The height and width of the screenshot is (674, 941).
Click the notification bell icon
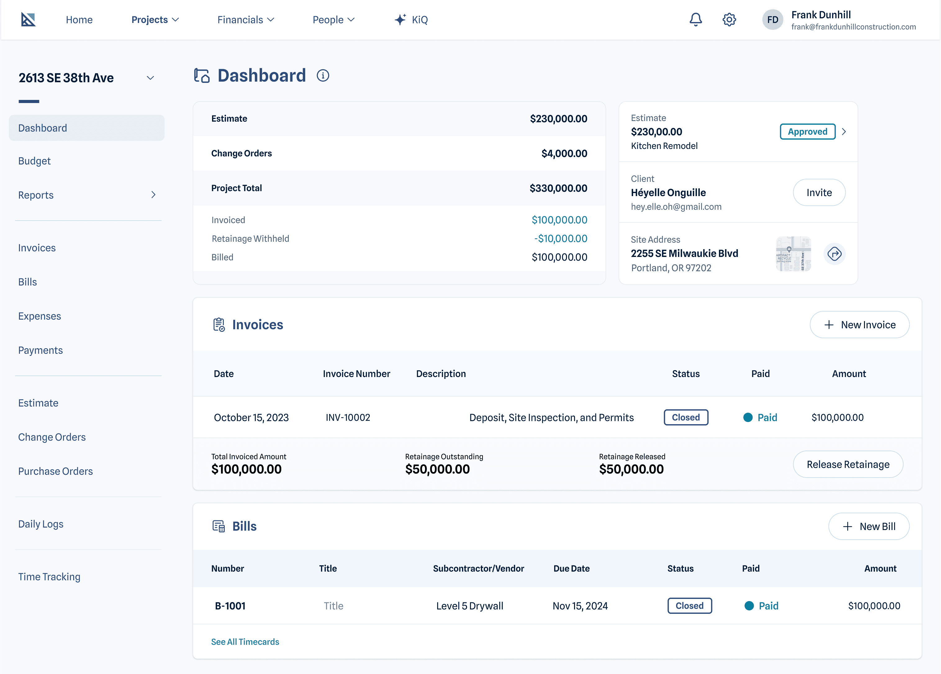click(696, 20)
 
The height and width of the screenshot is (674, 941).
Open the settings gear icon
click(729, 20)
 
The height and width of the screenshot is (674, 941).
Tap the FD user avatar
click(772, 20)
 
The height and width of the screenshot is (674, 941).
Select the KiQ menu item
click(411, 20)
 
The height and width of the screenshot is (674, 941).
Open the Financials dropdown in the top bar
click(246, 20)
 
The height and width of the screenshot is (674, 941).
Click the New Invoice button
click(859, 325)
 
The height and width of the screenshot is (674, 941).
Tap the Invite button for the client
click(819, 192)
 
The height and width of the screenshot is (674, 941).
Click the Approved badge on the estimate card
click(808, 132)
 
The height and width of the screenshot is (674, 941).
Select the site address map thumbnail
click(793, 254)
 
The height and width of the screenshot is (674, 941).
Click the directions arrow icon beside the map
click(835, 254)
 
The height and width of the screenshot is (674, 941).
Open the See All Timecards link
click(245, 642)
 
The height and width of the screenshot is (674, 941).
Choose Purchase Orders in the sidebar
click(56, 471)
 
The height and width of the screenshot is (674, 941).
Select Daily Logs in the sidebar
click(41, 524)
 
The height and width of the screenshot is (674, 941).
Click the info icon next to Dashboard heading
click(323, 75)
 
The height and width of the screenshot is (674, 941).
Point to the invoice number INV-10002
click(348, 417)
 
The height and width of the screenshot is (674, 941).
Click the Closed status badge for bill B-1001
click(690, 605)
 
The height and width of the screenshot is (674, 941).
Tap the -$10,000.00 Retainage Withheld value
click(561, 239)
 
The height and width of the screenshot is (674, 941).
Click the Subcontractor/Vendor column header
click(478, 568)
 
